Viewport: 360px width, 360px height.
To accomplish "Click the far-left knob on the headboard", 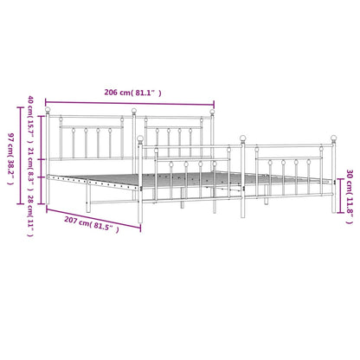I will [48, 110].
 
